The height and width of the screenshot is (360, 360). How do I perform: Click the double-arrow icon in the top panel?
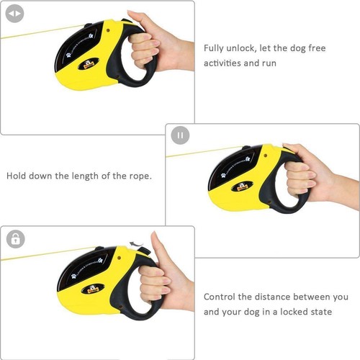pyautogui.click(x=15, y=14)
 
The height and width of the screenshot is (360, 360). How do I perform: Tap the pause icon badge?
pyautogui.click(x=180, y=135)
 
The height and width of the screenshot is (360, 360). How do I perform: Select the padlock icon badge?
pyautogui.click(x=15, y=239)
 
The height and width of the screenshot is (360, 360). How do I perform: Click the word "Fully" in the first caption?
pyautogui.click(x=215, y=48)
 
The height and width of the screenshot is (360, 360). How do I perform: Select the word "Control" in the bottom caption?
pyautogui.click(x=222, y=297)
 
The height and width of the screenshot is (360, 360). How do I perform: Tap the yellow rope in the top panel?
pyautogui.click(x=36, y=33)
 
